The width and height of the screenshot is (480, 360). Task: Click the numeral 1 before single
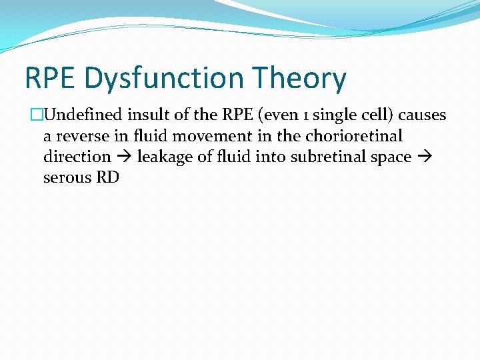pyautogui.click(x=304, y=115)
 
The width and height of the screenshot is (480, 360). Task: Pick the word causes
pyautogui.click(x=422, y=115)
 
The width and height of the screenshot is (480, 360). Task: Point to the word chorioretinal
pyautogui.click(x=354, y=136)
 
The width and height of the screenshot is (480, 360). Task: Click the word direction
pyautogui.click(x=77, y=157)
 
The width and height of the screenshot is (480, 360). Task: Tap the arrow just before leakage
pyautogui.click(x=124, y=157)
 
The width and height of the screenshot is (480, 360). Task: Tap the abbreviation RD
pyautogui.click(x=107, y=178)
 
